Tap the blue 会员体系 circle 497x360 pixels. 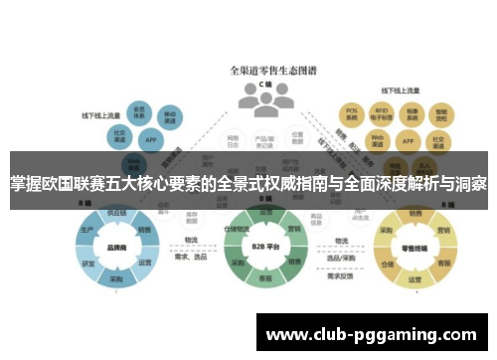[x=140, y=111]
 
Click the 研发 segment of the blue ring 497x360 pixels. [x=87, y=265]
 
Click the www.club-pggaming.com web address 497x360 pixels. [x=372, y=336]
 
